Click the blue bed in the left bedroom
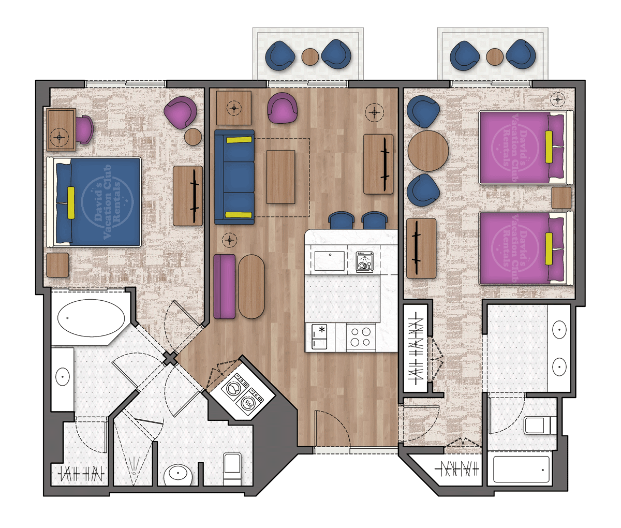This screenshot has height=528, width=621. [x=98, y=202]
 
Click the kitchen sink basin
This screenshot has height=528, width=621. [x=330, y=261]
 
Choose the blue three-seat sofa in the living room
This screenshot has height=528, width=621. [x=234, y=177]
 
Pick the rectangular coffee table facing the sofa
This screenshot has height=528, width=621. [x=280, y=177]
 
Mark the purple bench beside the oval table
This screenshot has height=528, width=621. [x=224, y=286]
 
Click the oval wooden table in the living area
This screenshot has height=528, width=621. [x=251, y=286]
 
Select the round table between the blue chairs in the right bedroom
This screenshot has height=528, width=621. [x=428, y=151]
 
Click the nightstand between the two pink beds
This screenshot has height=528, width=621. [x=561, y=198]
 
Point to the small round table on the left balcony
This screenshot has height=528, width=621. [x=310, y=56]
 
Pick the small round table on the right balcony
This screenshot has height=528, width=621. [x=495, y=56]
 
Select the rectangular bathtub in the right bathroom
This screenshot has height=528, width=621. [x=521, y=469]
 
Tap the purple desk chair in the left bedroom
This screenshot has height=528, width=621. [x=84, y=128]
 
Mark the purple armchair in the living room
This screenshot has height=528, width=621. [x=282, y=108]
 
